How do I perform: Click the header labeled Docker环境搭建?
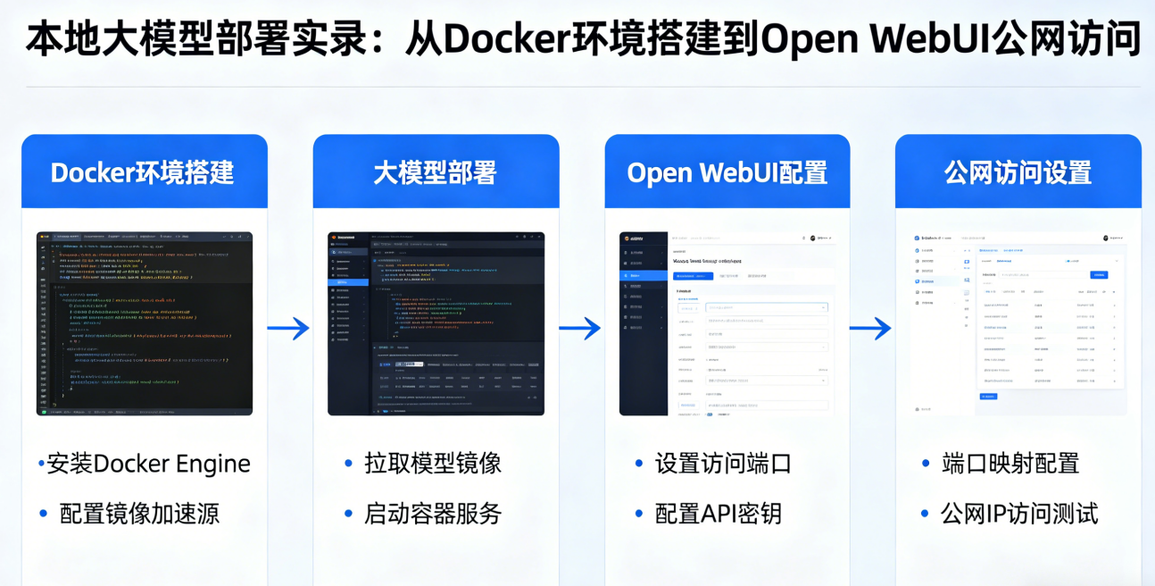point(144,172)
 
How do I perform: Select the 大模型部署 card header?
point(436,172)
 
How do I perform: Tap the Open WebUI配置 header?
point(727,172)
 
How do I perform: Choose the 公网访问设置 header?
point(1018,172)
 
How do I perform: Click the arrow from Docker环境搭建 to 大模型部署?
point(289,329)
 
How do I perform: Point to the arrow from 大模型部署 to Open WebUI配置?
point(580,329)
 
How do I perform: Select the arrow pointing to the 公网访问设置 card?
point(871,329)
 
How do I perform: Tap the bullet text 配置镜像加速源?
point(139,514)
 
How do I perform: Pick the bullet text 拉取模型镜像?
point(433,464)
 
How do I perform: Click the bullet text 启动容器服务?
point(433,514)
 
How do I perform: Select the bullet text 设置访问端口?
point(723,464)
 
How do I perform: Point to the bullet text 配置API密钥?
point(719,514)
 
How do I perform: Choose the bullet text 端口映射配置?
point(1011,464)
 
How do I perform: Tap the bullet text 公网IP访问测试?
point(1019,514)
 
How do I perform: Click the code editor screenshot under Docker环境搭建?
point(145,323)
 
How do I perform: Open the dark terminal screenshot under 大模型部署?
point(436,323)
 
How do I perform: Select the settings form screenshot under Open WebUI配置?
point(727,323)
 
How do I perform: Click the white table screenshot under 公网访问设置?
point(1018,323)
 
